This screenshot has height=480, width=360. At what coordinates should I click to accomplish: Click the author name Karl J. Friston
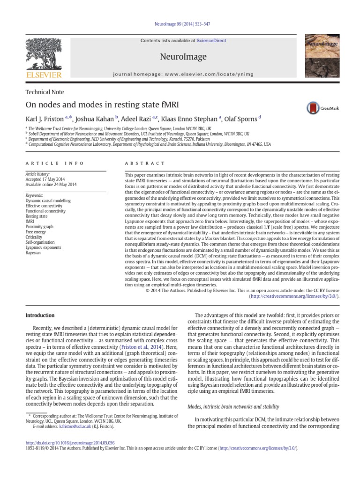[49, 120]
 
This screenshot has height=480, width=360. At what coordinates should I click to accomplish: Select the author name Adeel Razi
[143, 120]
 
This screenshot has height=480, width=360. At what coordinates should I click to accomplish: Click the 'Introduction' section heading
[40, 315]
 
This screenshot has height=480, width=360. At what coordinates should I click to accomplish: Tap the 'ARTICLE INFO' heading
[55, 163]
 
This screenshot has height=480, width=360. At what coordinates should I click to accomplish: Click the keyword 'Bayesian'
[34, 253]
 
